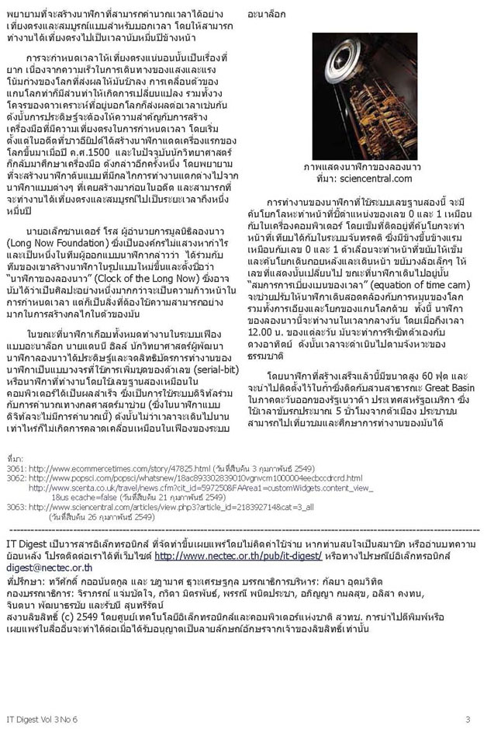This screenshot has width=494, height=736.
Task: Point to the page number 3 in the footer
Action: [x=468, y=719]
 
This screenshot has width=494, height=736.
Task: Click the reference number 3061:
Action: [x=17, y=470]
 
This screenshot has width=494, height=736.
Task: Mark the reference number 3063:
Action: [x=17, y=506]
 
